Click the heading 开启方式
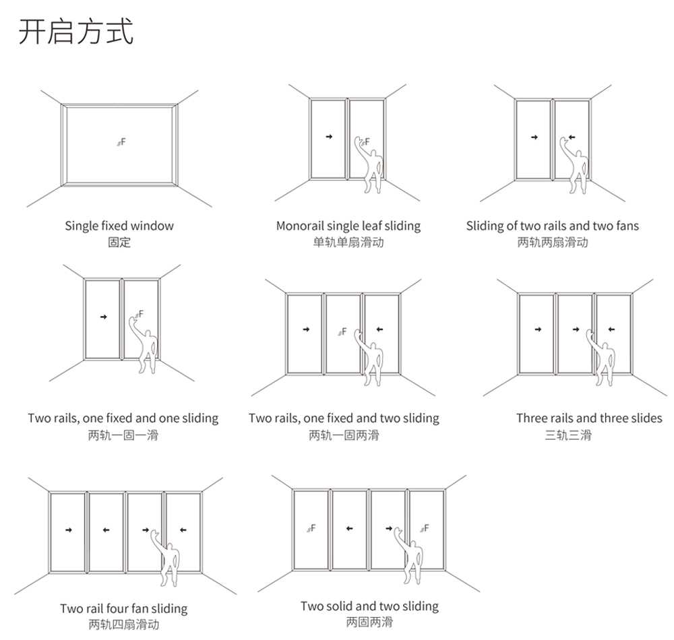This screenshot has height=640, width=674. tap(76, 32)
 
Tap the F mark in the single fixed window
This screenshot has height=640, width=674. tap(121, 141)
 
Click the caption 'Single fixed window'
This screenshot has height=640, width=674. tap(119, 226)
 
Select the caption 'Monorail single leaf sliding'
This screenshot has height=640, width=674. tap(348, 226)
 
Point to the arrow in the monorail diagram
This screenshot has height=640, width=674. tap(330, 137)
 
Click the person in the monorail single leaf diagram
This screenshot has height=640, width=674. tap(369, 165)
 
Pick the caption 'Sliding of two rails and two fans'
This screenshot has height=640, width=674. tap(553, 226)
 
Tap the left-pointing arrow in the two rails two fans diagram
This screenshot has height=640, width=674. tap(572, 137)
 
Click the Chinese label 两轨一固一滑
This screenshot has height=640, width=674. tap(123, 435)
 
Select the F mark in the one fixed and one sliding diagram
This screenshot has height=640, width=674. tap(140, 315)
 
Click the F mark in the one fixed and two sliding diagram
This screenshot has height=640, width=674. tap(342, 332)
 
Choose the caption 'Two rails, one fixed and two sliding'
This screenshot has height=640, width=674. tap(344, 418)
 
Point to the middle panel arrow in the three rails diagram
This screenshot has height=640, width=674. tap(576, 329)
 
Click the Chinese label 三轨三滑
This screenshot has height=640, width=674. tap(568, 435)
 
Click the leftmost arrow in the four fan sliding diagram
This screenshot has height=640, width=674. tap(68, 530)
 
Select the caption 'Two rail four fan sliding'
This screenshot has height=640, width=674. tap(124, 608)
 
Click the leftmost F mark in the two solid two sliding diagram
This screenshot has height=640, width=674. tap(311, 528)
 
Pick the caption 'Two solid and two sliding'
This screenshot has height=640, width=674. tap(369, 606)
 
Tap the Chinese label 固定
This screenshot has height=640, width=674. tap(119, 243)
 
